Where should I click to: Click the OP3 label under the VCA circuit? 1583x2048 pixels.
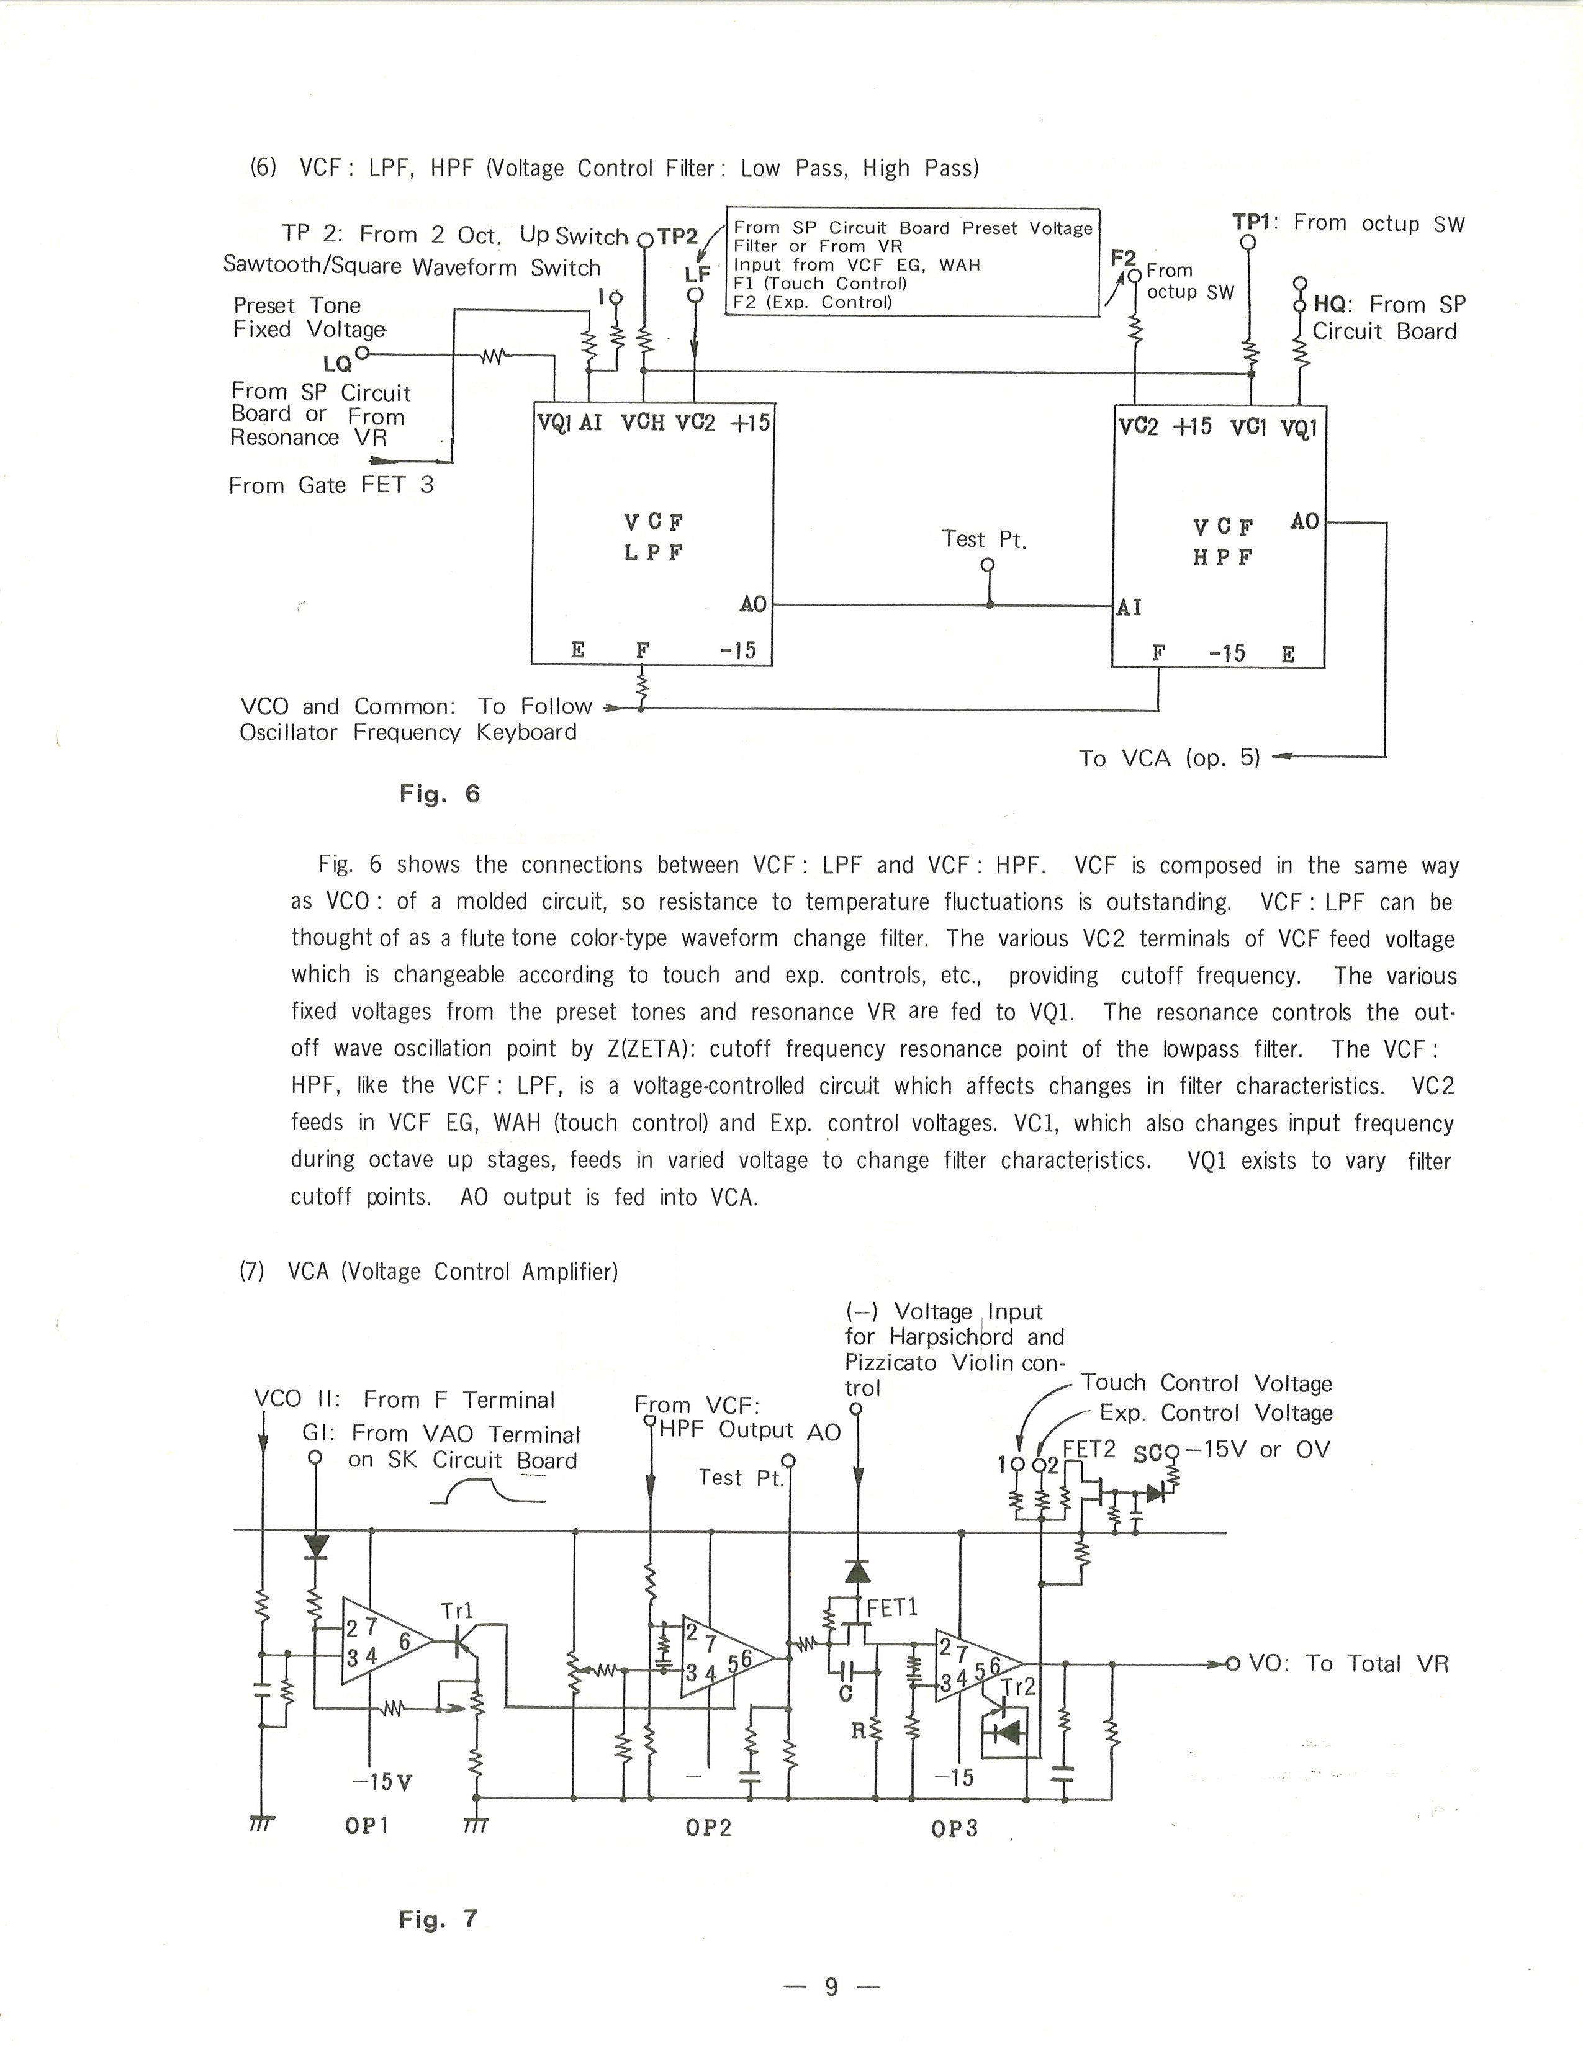pos(955,1828)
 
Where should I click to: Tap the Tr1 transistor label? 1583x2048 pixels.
pos(458,1611)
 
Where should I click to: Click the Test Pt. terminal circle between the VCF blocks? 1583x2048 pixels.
pos(986,565)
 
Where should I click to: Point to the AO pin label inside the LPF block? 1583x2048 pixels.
pos(753,604)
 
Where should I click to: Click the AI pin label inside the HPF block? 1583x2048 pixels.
pos(1129,608)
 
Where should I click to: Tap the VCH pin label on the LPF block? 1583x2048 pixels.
pos(643,423)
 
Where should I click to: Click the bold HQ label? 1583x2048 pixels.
pos(1330,304)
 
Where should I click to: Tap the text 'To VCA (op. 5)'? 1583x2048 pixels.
pos(1170,758)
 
